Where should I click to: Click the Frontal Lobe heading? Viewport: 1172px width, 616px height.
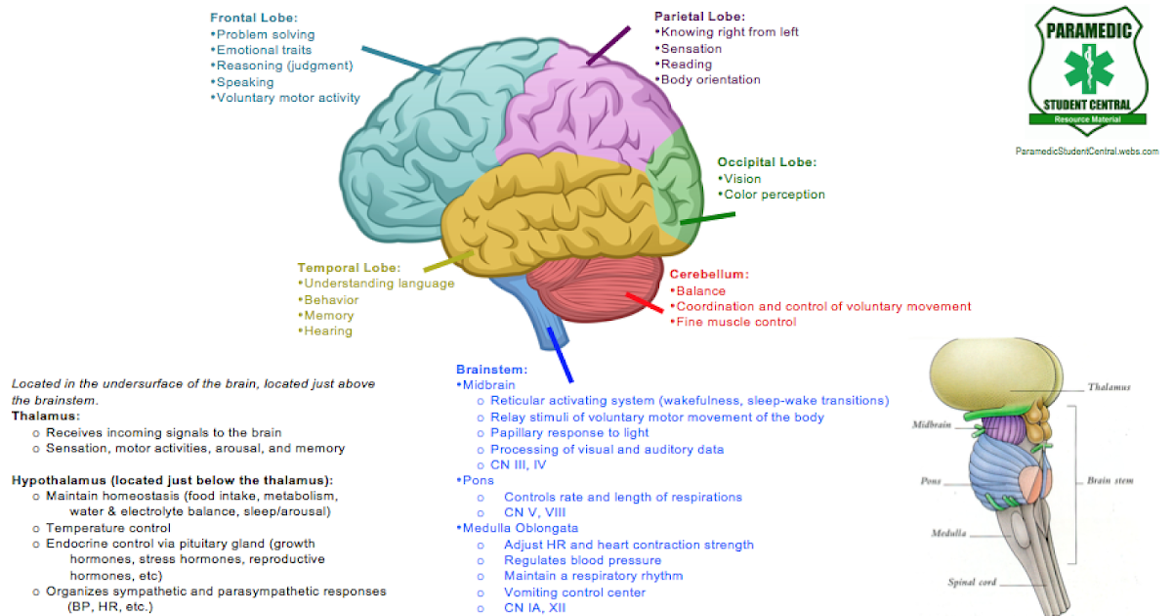[253, 18]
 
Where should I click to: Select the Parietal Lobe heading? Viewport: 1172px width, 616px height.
[699, 17]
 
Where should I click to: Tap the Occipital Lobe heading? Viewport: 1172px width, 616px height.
[767, 162]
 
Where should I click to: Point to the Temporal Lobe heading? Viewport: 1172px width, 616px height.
[349, 267]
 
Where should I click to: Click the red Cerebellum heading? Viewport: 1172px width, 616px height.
[709, 274]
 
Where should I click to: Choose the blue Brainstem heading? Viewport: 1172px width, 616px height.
[491, 369]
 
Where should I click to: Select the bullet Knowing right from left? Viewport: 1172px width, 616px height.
[729, 32]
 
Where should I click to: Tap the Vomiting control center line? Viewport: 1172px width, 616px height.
[574, 593]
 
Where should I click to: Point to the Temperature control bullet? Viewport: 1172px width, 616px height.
[107, 528]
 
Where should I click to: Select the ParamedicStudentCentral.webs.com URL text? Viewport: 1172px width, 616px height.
[1086, 152]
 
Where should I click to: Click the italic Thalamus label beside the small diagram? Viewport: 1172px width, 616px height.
[1109, 387]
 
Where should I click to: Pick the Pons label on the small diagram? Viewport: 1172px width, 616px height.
[930, 481]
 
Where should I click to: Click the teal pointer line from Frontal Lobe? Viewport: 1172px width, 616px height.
[400, 59]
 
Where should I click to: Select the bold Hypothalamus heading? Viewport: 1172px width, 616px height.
[172, 480]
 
